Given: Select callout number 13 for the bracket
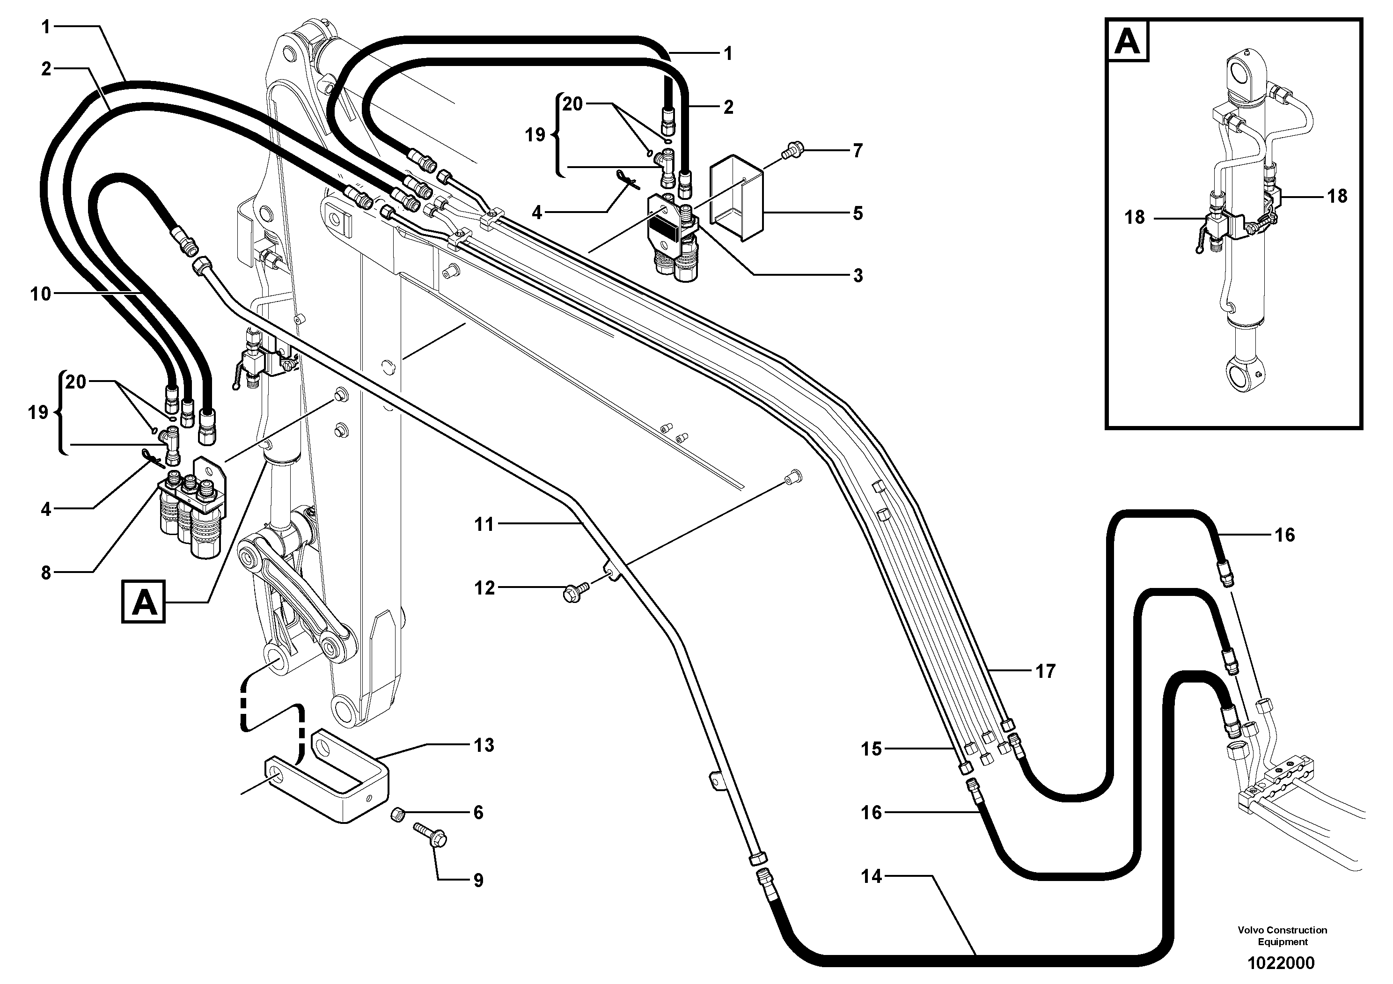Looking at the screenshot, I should click(484, 745).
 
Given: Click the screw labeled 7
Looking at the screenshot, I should click(791, 150).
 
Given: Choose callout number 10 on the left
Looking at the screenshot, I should click(41, 294).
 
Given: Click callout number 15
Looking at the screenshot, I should click(871, 749).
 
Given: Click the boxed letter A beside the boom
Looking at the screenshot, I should click(143, 602).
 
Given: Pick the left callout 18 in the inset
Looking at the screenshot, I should click(1134, 217).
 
